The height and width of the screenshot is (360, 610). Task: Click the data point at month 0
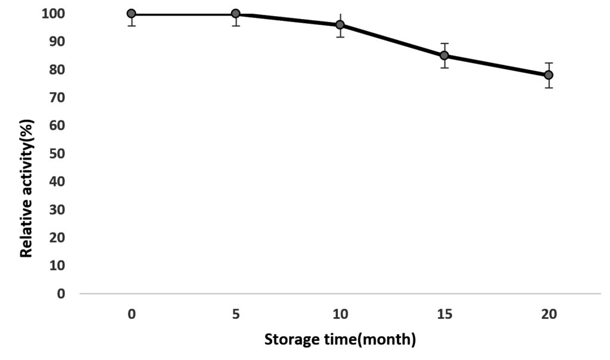(131, 14)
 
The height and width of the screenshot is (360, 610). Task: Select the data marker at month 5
(236, 14)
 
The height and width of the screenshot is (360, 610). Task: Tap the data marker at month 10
(340, 25)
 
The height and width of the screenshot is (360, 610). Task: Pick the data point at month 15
(444, 55)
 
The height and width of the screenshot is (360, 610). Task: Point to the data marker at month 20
(549, 75)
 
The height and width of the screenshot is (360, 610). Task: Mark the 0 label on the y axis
(60, 294)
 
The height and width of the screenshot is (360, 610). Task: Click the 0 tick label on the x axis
(131, 314)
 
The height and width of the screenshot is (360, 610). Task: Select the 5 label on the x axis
(236, 314)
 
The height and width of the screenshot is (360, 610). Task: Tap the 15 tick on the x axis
(444, 314)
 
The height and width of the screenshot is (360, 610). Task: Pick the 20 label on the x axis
(549, 314)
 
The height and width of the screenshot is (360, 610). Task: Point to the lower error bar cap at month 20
(549, 88)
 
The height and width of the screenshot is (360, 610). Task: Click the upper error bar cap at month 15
(444, 44)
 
